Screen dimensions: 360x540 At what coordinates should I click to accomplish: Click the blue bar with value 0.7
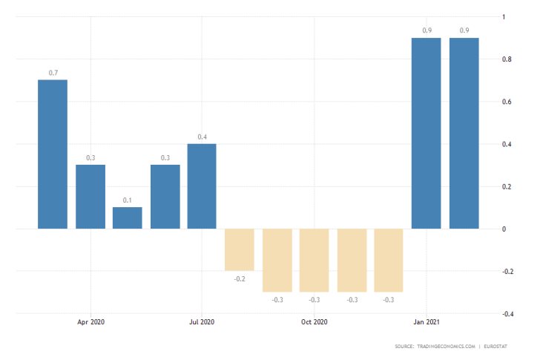pyautogui.click(x=53, y=154)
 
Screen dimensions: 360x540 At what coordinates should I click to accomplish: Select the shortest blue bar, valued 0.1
pyautogui.click(x=128, y=217)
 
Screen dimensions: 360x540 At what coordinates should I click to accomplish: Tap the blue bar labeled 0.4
pyautogui.click(x=202, y=186)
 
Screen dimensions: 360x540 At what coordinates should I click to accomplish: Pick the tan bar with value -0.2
pyautogui.click(x=239, y=249)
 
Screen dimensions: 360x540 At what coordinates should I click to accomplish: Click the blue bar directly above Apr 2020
pyautogui.click(x=90, y=197)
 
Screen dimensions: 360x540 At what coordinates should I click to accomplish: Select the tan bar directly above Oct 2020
pyautogui.click(x=314, y=260)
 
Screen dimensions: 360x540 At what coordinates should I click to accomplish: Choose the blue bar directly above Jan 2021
pyautogui.click(x=426, y=133)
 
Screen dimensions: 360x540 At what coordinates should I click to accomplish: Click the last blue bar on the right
pyautogui.click(x=464, y=133)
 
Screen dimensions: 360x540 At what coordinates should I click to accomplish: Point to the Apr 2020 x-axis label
pyautogui.click(x=90, y=323)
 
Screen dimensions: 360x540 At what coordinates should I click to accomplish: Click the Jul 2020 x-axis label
pyautogui.click(x=202, y=323)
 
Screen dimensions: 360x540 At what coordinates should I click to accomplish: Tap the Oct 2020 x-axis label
pyautogui.click(x=314, y=323)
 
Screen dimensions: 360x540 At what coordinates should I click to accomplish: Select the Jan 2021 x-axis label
pyautogui.click(x=426, y=323)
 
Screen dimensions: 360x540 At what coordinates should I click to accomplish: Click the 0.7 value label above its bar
pyautogui.click(x=53, y=73)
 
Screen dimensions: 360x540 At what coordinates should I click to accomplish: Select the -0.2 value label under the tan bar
pyautogui.click(x=239, y=278)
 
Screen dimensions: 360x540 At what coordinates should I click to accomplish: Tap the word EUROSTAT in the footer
pyautogui.click(x=504, y=347)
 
